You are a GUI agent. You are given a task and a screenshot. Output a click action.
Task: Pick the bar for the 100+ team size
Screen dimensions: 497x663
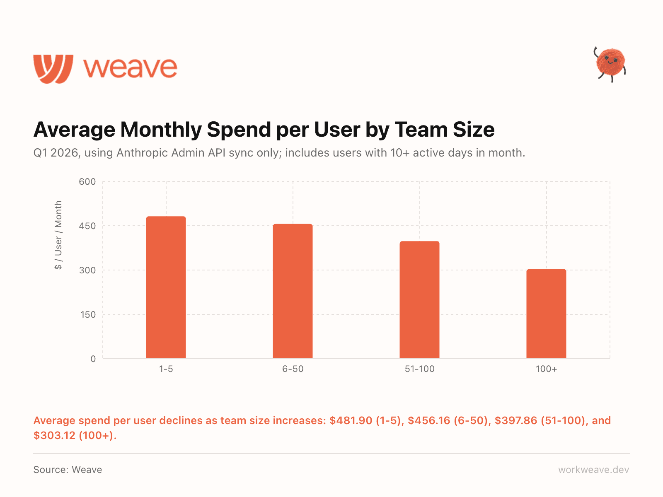(x=546, y=314)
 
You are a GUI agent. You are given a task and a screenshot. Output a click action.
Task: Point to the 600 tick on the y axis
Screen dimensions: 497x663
(x=87, y=181)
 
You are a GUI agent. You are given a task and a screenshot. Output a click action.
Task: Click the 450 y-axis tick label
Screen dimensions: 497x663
(x=87, y=226)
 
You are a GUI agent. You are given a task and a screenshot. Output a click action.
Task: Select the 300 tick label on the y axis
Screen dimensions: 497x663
(x=87, y=270)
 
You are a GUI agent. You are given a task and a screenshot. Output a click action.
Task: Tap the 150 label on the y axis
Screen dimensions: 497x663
(x=87, y=314)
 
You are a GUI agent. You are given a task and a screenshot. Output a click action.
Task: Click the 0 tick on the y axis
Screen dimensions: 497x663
(x=93, y=359)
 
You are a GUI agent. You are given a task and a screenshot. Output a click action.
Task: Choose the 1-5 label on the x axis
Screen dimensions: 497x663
(x=166, y=369)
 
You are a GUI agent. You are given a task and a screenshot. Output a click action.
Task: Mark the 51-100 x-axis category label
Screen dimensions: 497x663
(x=419, y=369)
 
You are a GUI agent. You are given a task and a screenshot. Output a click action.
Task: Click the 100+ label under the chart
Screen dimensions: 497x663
(x=546, y=369)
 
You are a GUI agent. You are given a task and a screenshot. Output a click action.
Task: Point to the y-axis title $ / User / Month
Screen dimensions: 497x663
(x=58, y=235)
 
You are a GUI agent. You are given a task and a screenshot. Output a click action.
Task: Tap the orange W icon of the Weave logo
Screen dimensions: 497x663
(x=53, y=68)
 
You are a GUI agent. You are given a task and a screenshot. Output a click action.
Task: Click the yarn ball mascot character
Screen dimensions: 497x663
(x=610, y=63)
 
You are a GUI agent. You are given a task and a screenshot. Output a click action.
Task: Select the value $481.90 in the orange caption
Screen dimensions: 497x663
(x=351, y=420)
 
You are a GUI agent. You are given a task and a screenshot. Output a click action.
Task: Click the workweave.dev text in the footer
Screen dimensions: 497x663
(x=593, y=470)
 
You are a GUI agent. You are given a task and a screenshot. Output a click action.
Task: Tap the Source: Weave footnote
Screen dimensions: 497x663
(x=68, y=470)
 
